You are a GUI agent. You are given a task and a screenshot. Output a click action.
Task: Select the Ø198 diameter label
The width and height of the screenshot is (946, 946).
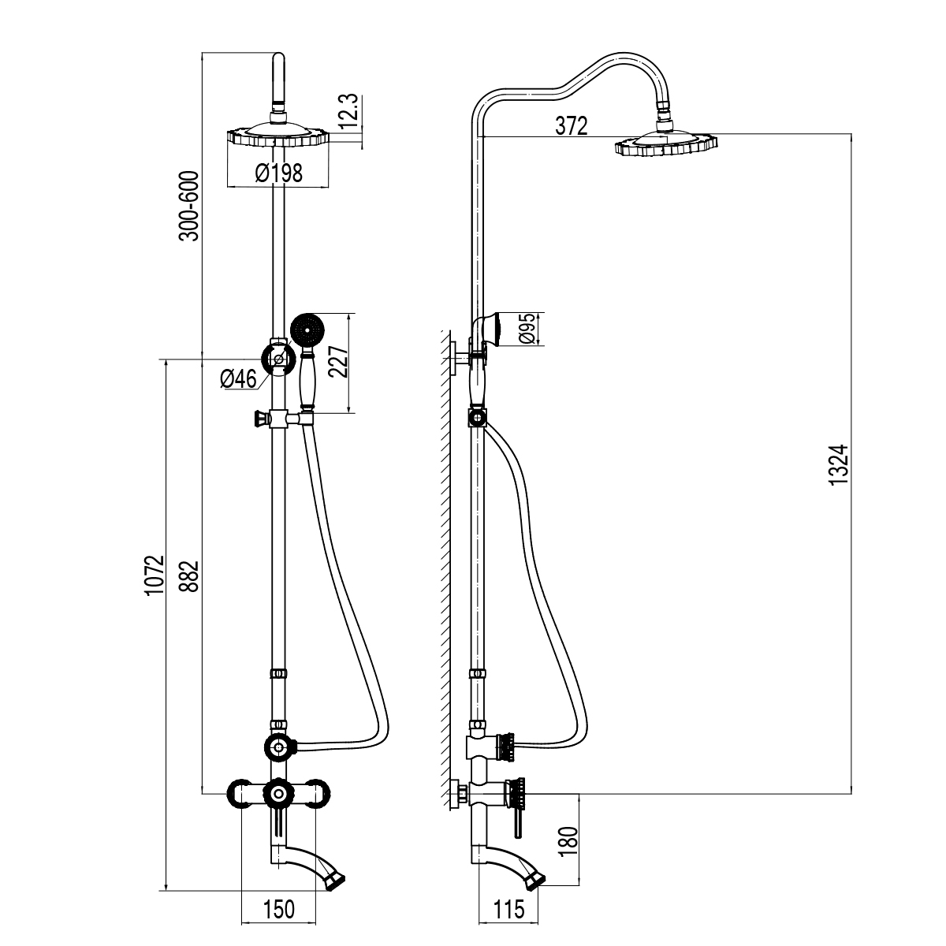(x=279, y=173)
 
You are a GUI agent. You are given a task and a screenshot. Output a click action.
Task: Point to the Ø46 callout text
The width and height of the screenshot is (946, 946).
(x=239, y=379)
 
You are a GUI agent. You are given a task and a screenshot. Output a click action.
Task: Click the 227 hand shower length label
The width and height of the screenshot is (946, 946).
(x=337, y=363)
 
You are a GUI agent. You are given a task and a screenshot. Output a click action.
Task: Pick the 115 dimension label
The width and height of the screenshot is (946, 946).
(x=508, y=909)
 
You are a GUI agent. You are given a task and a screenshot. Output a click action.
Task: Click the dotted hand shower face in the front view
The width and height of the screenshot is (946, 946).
(x=307, y=329)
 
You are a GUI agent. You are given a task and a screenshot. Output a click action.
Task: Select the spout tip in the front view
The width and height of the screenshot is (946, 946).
(x=335, y=878)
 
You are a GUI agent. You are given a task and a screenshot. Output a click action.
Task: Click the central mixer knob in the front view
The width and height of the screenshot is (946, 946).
(x=277, y=792)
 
